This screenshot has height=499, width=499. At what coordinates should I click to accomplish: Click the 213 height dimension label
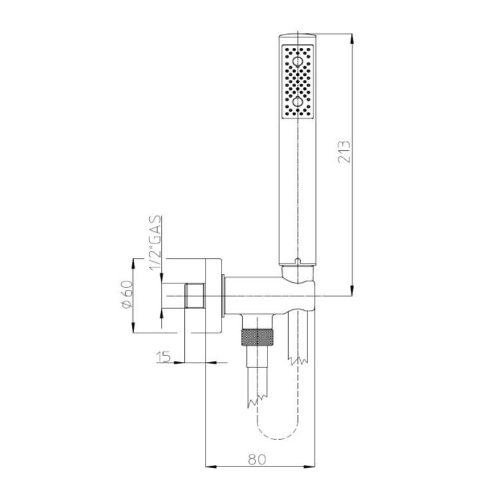tap(344, 151)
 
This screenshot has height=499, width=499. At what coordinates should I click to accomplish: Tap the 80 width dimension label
tap(257, 459)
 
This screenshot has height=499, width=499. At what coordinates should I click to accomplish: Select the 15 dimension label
tap(164, 357)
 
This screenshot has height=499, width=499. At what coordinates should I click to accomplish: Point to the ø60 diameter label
tap(126, 293)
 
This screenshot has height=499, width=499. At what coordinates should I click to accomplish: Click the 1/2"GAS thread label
tap(156, 243)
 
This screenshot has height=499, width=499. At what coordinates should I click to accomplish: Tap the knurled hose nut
tap(257, 337)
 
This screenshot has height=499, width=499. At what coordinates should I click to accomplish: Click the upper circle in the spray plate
tap(297, 61)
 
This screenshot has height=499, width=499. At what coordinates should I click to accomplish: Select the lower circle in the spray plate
tap(297, 102)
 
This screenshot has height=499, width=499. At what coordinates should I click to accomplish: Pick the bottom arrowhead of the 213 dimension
tap(352, 290)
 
